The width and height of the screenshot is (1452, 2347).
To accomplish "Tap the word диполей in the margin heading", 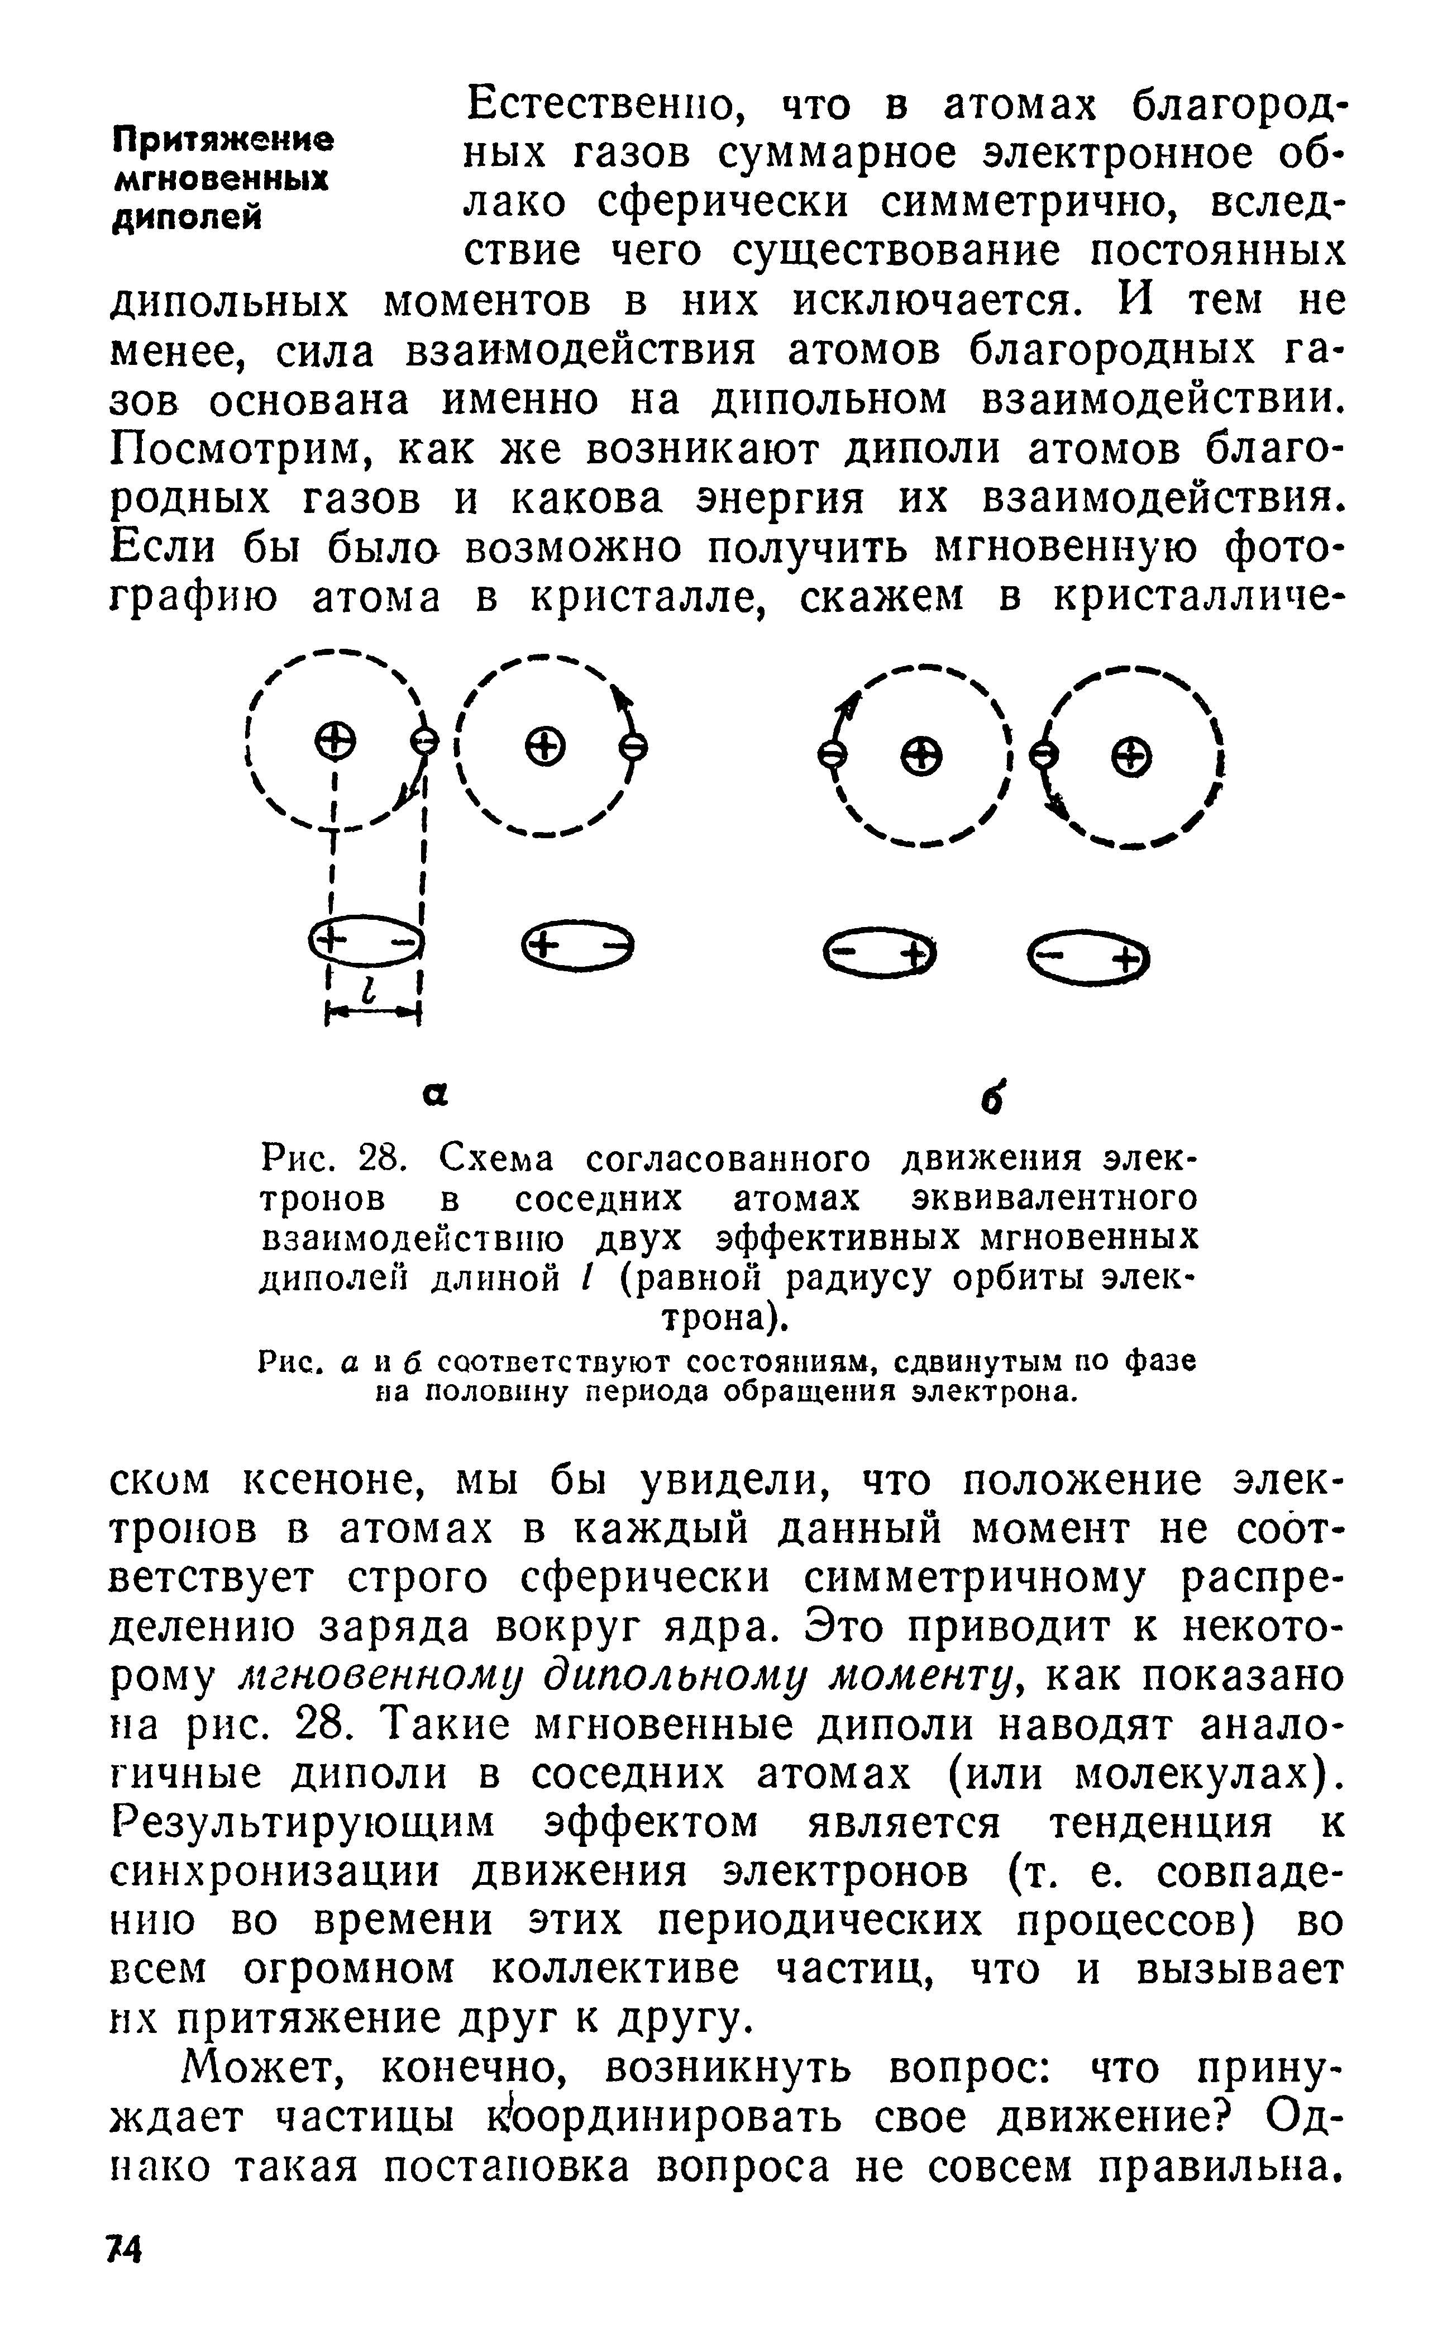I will [x=187, y=218].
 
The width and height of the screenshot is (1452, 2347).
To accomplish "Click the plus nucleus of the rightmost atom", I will [x=1131, y=754].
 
